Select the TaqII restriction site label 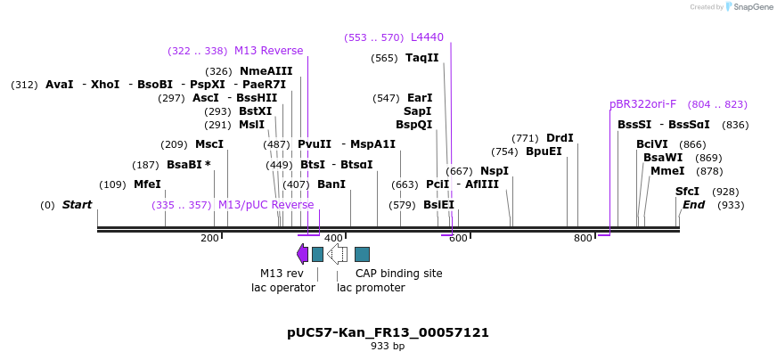(421, 58)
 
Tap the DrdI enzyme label (560, 138)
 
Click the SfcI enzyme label (687, 192)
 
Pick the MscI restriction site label (209, 144)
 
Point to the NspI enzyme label (495, 171)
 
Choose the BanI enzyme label (331, 184)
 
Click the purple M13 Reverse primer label (268, 51)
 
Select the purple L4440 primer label (427, 37)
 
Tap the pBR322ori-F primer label (642, 104)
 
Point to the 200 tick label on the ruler (209, 239)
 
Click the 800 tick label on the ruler (583, 239)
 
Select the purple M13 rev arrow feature (303, 254)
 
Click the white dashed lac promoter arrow (338, 254)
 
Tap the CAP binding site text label (398, 274)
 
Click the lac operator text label (282, 288)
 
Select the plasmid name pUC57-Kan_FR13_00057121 (388, 332)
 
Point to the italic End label (693, 205)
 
